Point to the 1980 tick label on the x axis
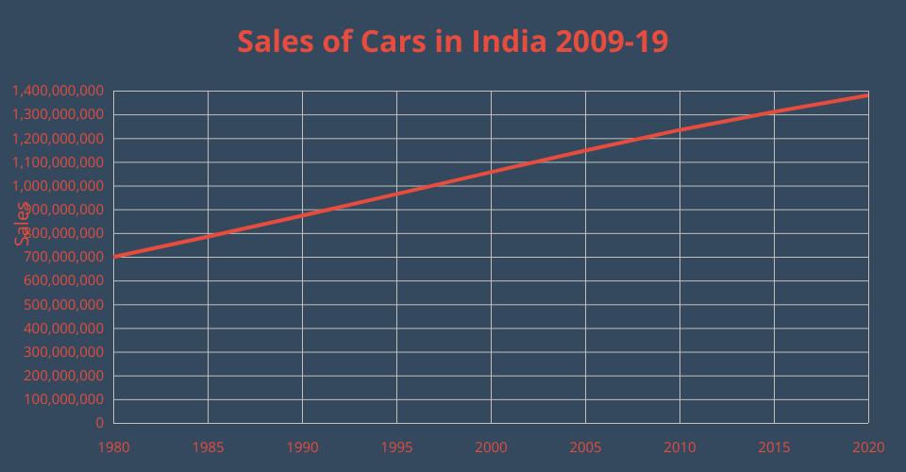coord(113,446)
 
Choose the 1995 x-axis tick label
coord(396,446)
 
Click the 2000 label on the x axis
coord(491,446)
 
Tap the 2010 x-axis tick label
coord(679,446)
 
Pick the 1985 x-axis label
coord(208,446)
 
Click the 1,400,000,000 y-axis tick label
coord(59,92)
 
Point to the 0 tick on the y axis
coord(99,423)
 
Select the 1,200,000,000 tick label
coord(59,139)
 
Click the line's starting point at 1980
coord(114,257)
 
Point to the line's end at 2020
coord(867,95)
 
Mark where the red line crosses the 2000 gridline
coord(491,172)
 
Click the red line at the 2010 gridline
coord(679,129)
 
